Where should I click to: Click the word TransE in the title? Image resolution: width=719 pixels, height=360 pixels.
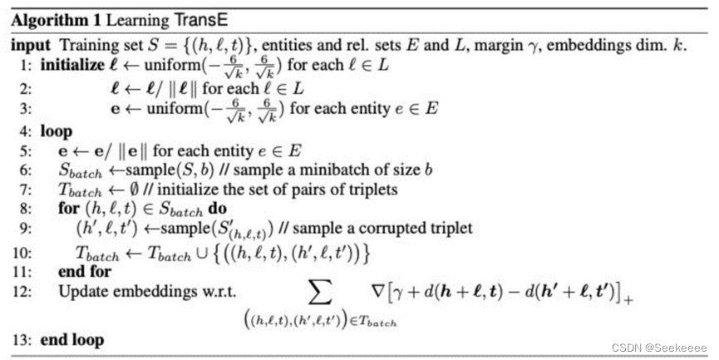[x=200, y=21]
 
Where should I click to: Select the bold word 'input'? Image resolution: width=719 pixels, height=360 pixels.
[x=31, y=45]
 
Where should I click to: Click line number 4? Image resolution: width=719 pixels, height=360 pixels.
[x=25, y=131]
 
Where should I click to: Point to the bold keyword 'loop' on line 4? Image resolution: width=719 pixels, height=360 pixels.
[x=57, y=132]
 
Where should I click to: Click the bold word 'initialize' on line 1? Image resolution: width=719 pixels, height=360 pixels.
[x=72, y=65]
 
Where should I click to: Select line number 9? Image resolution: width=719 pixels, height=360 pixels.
[x=25, y=228]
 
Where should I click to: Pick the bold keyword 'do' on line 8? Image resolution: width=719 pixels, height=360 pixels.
[x=217, y=209]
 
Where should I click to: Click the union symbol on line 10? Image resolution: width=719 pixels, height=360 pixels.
[x=202, y=253]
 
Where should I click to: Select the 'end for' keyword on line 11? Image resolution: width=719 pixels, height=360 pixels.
[x=85, y=272]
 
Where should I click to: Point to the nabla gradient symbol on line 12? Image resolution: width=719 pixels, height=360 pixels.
[x=377, y=291]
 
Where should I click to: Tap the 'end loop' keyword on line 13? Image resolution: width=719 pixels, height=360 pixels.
[x=72, y=340]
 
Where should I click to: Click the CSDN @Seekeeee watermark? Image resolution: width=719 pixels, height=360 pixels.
[x=659, y=348]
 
